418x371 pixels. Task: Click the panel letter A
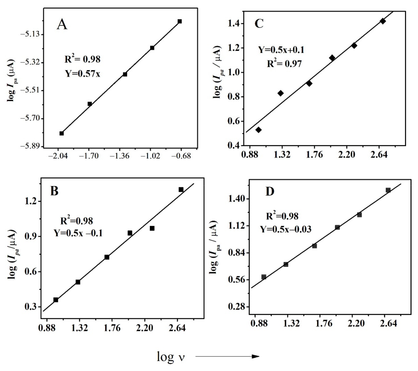[62, 25]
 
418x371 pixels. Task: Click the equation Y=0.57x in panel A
[83, 74]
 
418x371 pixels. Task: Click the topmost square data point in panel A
[180, 21]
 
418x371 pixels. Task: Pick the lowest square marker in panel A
[62, 133]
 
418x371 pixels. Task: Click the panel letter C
[259, 24]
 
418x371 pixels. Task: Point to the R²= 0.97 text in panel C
[284, 64]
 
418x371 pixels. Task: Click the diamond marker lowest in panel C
[258, 130]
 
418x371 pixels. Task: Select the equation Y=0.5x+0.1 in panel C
[281, 50]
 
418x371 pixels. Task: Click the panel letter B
[54, 191]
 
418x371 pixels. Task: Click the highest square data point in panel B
[181, 190]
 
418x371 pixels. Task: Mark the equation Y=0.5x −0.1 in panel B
[78, 233]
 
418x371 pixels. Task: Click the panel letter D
[270, 192]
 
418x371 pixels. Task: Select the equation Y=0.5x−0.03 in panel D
[286, 229]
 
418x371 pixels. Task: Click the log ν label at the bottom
[171, 356]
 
